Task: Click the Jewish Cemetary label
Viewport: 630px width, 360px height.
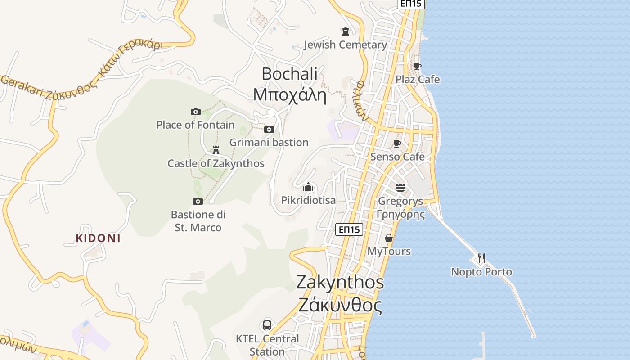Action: pos(345,45)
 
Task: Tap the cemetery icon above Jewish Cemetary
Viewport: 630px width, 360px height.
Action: pos(345,31)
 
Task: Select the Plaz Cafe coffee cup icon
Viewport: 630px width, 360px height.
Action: pos(418,66)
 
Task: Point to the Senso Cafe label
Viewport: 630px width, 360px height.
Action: pos(397,157)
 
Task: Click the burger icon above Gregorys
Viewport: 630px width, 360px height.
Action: pos(400,187)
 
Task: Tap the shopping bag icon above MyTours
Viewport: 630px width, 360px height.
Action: pos(389,238)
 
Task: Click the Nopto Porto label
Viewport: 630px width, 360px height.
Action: pos(481,272)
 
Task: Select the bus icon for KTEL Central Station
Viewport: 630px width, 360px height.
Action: pos(267,325)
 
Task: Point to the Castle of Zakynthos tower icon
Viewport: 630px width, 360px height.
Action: pos(216,150)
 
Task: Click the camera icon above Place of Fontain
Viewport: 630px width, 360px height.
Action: pos(195,112)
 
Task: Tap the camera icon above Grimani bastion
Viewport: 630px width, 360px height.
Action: pos(269,130)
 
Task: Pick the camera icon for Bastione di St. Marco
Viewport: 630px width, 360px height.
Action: pos(198,201)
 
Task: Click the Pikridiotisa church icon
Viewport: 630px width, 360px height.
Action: pos(308,187)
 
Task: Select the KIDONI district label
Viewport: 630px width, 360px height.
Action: pos(98,238)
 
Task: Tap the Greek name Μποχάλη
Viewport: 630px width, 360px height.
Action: pos(289,95)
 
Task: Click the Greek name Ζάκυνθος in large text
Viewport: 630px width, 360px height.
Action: pos(340,306)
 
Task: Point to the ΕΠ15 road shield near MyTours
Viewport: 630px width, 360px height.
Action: pos(349,229)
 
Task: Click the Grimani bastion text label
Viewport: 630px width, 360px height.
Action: pos(269,142)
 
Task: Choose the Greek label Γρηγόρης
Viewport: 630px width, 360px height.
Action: pos(400,214)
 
